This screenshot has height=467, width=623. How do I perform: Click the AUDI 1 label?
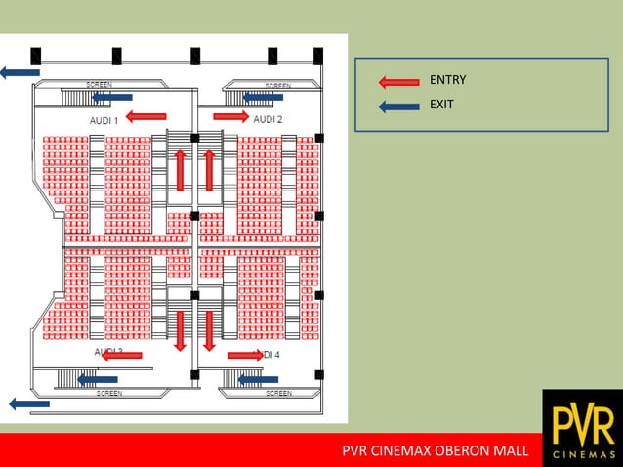[x=104, y=119]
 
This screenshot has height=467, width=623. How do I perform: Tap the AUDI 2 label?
[x=268, y=119]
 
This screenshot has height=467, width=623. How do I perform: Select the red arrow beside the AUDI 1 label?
[x=146, y=117]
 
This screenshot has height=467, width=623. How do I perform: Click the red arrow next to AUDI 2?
[x=230, y=116]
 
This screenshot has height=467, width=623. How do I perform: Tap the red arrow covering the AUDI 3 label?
[x=122, y=355]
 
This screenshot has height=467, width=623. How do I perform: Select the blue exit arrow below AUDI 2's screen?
[x=263, y=97]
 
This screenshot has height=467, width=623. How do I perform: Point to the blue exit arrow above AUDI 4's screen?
[x=258, y=379]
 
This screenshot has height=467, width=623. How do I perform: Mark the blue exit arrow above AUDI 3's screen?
[x=97, y=379]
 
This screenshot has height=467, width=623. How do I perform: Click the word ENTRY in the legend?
[x=448, y=80]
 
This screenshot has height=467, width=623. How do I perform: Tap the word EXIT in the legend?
[x=441, y=104]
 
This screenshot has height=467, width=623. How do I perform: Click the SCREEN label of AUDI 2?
[x=278, y=86]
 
